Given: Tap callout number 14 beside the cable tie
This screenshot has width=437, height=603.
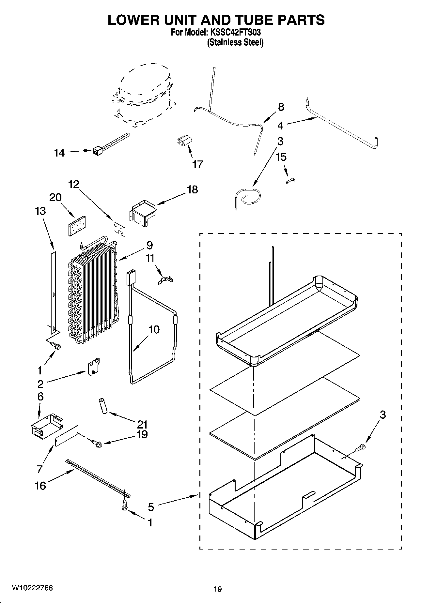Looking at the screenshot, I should click(59, 153).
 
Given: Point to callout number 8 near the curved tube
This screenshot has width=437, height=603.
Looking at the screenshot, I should click(281, 107).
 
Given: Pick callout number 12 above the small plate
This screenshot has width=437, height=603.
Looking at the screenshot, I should click(74, 185).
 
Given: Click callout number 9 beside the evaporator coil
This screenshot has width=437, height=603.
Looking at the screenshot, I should click(149, 245).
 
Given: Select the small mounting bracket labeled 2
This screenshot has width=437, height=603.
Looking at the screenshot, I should click(93, 367).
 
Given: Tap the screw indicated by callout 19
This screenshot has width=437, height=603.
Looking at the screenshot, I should click(97, 443).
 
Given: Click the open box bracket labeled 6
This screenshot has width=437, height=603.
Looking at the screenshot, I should click(46, 426).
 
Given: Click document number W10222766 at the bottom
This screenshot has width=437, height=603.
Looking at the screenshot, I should click(32, 588).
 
